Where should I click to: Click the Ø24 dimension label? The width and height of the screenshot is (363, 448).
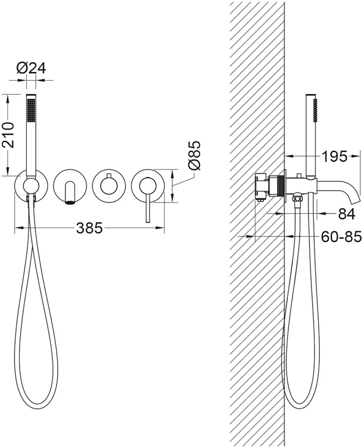coord(31,68)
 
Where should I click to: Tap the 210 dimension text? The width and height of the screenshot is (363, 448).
coord(7,134)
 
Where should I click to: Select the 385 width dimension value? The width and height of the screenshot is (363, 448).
coord(89,228)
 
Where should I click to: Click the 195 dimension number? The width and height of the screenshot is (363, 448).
coord(334,156)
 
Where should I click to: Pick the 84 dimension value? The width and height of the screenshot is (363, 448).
coord(346,213)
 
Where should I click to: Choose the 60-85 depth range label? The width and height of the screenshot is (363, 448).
coord(341,236)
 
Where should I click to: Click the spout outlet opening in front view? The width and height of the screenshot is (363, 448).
coord(70,203)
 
